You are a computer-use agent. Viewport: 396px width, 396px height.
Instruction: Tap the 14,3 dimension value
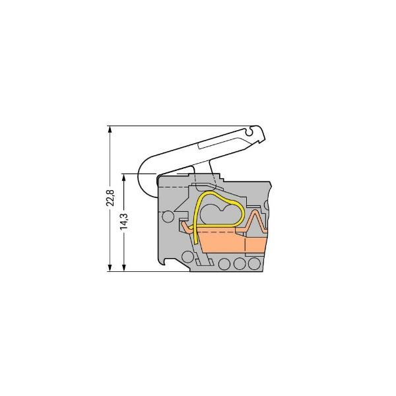click(x=123, y=222)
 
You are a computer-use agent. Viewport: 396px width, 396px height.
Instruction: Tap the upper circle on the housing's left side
click(x=168, y=216)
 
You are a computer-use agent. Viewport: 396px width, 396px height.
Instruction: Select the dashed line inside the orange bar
click(x=224, y=233)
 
